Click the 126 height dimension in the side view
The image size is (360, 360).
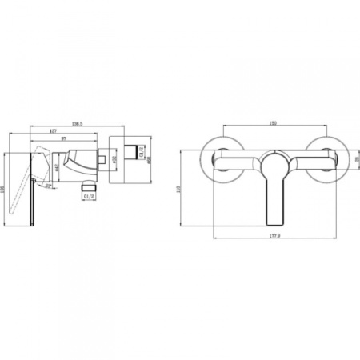[x=4, y=186]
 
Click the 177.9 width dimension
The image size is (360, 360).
[x=274, y=236]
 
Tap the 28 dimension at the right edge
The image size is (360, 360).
[x=355, y=160]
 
